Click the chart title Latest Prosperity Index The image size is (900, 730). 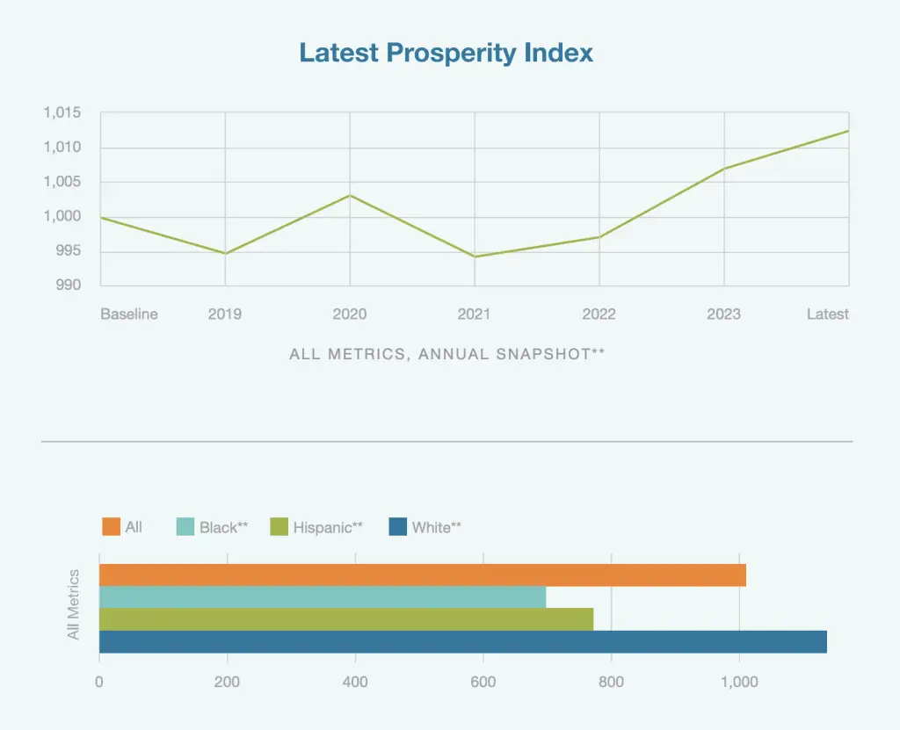[446, 53]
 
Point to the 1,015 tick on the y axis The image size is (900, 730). [62, 113]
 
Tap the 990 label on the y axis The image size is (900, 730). [68, 285]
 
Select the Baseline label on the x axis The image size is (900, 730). [129, 314]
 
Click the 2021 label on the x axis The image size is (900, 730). [475, 314]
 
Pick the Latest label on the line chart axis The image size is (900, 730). [828, 314]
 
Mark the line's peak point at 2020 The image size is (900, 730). [350, 195]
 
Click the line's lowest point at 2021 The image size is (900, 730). [475, 257]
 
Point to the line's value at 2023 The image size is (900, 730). [724, 168]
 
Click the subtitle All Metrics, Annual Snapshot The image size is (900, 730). [446, 355]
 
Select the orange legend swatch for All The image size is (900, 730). [111, 527]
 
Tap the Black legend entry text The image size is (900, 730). [223, 528]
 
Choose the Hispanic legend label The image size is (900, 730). [328, 528]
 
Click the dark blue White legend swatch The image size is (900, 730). [397, 527]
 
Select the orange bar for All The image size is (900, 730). [422, 575]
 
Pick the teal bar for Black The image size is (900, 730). [323, 597]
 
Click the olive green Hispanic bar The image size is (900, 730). [346, 619]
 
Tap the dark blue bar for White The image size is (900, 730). [463, 642]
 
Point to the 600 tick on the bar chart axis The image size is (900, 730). [483, 683]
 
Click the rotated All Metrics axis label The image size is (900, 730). [74, 604]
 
